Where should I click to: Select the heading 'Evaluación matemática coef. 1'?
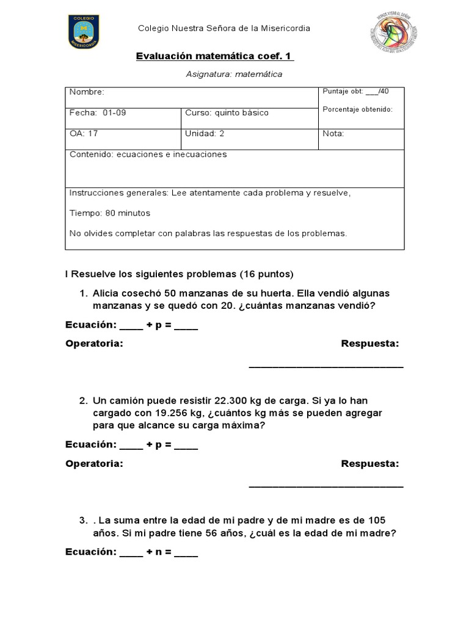214,56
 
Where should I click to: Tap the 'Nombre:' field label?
87,92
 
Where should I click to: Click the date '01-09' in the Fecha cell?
115,113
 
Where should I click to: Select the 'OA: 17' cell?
84,134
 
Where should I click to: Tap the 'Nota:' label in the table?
334,134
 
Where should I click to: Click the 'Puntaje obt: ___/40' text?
356,92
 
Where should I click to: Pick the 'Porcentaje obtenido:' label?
358,109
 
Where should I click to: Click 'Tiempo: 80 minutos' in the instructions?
110,213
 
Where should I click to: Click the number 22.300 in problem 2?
233,401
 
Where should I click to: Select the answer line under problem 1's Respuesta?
326,366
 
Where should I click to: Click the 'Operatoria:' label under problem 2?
94,464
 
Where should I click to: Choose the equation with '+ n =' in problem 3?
131,552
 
